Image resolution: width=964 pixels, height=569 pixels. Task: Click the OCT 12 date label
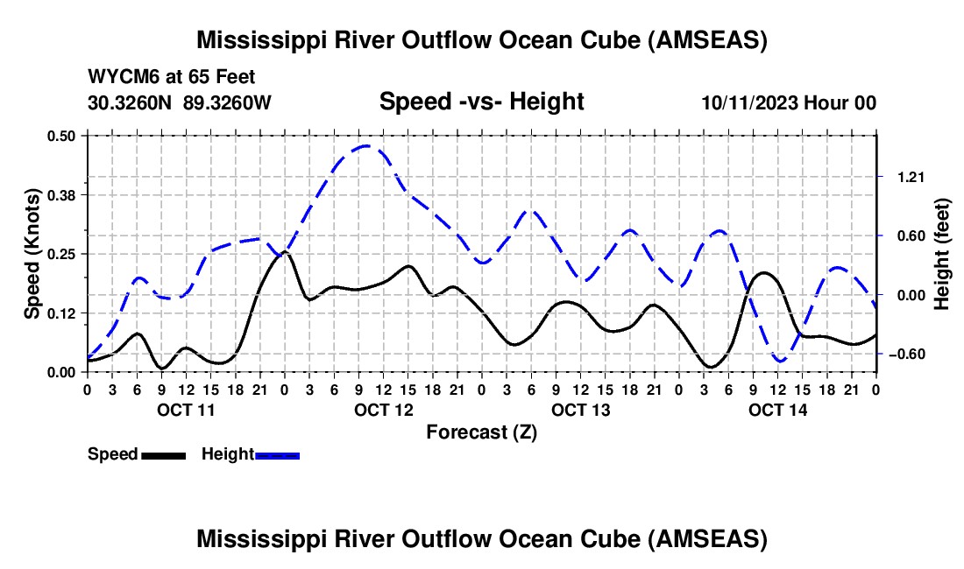tap(382, 410)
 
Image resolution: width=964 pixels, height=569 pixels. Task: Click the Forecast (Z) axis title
tap(481, 432)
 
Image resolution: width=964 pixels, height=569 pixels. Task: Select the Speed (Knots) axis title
tap(32, 253)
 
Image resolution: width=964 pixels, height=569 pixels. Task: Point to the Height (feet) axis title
tap(942, 253)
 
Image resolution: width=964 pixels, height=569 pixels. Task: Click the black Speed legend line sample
tap(164, 454)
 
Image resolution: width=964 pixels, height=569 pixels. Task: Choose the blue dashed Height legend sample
tap(277, 454)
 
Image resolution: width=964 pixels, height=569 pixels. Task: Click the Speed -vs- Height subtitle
tap(481, 102)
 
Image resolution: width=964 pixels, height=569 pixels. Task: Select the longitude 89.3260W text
tap(228, 103)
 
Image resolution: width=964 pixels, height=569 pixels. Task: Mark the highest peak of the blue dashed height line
tap(365, 146)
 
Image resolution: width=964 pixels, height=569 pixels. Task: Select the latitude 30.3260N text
tap(131, 103)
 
